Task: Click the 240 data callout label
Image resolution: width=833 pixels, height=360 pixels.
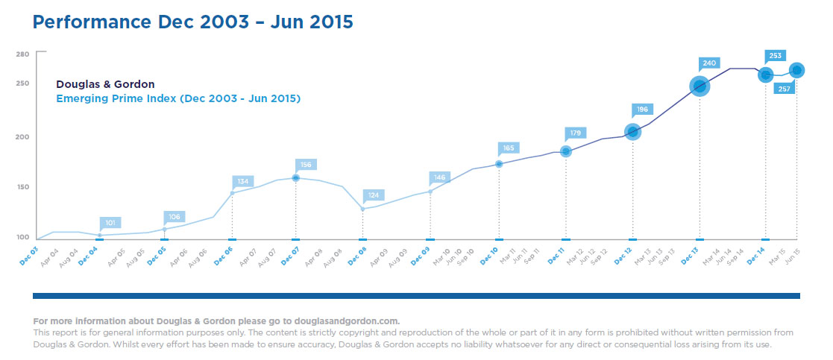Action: [708, 64]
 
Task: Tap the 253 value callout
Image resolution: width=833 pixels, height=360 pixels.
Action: [776, 55]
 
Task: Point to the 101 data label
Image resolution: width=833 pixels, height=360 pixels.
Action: [110, 222]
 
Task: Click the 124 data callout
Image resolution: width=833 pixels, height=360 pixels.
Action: [374, 195]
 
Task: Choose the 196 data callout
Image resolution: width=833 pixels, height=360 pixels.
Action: [641, 109]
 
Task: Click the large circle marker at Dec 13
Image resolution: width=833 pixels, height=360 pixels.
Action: [700, 86]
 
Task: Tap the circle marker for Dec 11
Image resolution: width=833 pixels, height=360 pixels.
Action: [565, 151]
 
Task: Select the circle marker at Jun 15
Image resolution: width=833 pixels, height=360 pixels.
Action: [796, 70]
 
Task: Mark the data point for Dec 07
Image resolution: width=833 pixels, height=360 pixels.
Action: [296, 178]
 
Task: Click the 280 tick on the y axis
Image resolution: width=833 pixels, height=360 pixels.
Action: [22, 54]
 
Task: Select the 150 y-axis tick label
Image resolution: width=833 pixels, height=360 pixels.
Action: [22, 186]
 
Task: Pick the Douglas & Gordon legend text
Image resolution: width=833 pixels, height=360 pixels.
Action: [105, 84]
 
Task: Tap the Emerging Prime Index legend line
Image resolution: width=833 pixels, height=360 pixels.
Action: [178, 98]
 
